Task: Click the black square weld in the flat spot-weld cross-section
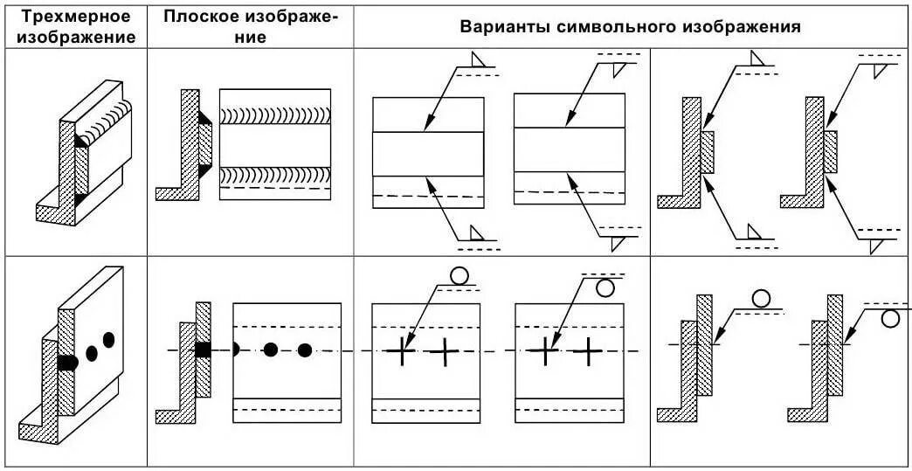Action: click(202, 350)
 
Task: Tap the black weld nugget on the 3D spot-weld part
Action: click(67, 361)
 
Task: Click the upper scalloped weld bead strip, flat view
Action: click(274, 114)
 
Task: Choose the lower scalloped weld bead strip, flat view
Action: click(274, 177)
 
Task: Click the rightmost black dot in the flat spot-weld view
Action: click(304, 350)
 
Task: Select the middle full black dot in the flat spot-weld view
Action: click(270, 350)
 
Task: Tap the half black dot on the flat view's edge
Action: click(237, 350)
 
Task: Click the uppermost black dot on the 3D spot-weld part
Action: click(109, 338)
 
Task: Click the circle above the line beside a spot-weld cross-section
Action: click(761, 299)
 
